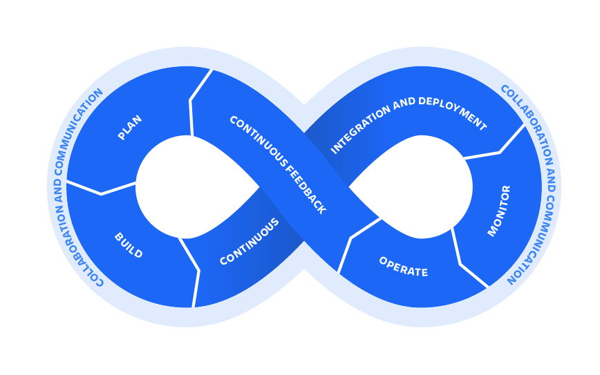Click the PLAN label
coord(130,128)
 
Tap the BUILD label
coord(129,246)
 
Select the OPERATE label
coord(403,267)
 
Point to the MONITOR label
coord(499,211)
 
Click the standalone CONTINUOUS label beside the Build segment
coord(250,242)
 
